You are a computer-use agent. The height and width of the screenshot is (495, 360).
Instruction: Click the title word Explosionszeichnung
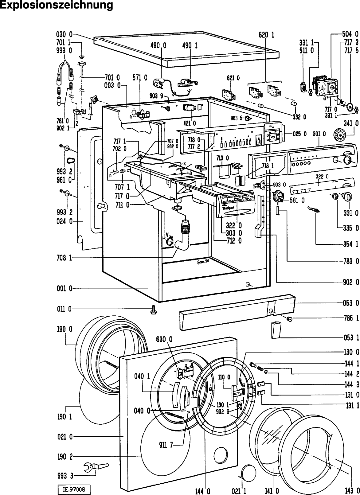click(57, 5)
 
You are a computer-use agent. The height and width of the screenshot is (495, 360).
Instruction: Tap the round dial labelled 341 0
click(340, 135)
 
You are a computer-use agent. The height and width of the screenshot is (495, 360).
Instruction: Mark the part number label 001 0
click(64, 289)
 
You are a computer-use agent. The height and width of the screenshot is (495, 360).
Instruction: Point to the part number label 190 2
click(64, 456)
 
